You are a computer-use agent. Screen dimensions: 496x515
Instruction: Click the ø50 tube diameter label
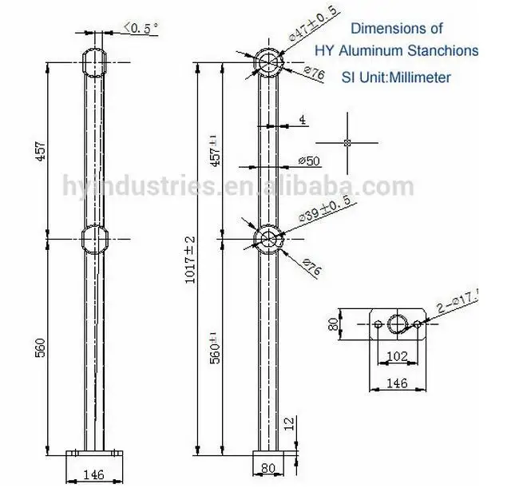[x=308, y=161]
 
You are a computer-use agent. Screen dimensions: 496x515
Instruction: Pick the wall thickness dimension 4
[x=303, y=120]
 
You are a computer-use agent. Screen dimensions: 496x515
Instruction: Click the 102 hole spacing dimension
[x=397, y=357]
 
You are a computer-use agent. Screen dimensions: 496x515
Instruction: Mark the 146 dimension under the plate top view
[x=397, y=383]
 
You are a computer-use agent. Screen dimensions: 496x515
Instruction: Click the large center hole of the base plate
[x=397, y=323]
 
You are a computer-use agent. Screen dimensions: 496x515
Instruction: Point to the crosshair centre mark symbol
[x=347, y=143]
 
